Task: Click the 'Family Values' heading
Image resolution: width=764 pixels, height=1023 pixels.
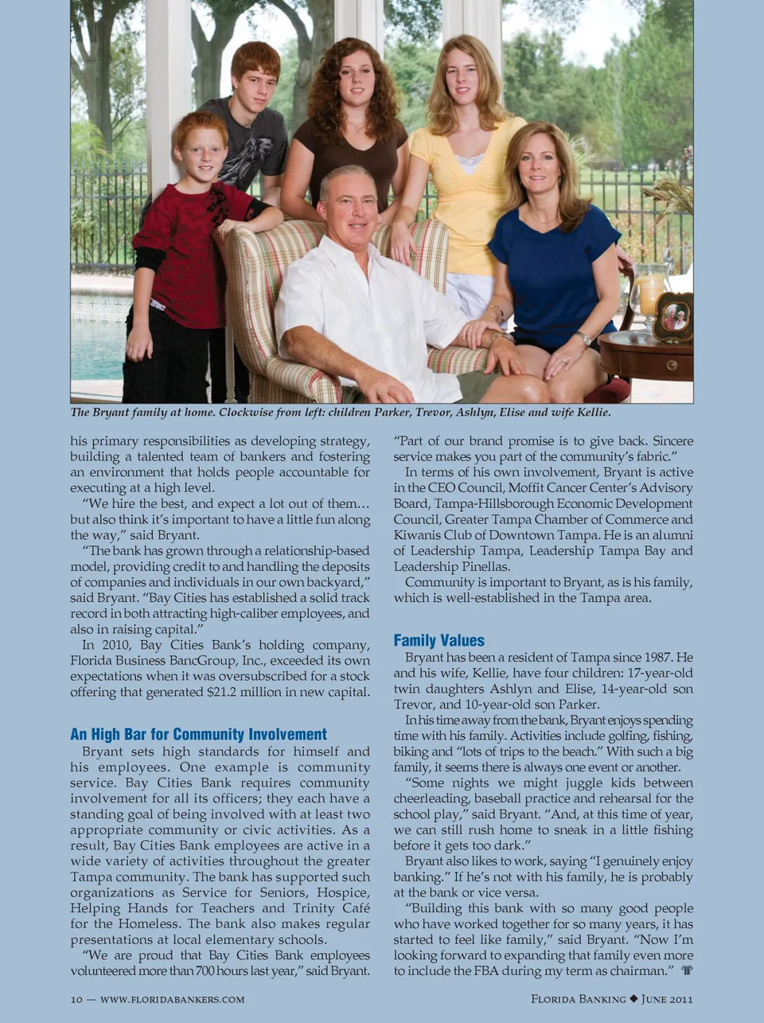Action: pyautogui.click(x=439, y=640)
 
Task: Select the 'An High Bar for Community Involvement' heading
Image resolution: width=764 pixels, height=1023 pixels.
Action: pyautogui.click(x=198, y=734)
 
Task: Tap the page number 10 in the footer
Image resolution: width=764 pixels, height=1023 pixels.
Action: pyautogui.click(x=76, y=999)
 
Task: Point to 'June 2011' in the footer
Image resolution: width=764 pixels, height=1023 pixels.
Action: pyautogui.click(x=667, y=999)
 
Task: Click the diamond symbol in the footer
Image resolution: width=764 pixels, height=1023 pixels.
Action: pyautogui.click(x=633, y=999)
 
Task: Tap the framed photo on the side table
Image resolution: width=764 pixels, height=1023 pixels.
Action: pyautogui.click(x=672, y=317)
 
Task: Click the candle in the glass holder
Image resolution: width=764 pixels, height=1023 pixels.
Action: pyautogui.click(x=649, y=294)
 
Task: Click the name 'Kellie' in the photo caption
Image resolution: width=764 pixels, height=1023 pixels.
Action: pyautogui.click(x=591, y=412)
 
